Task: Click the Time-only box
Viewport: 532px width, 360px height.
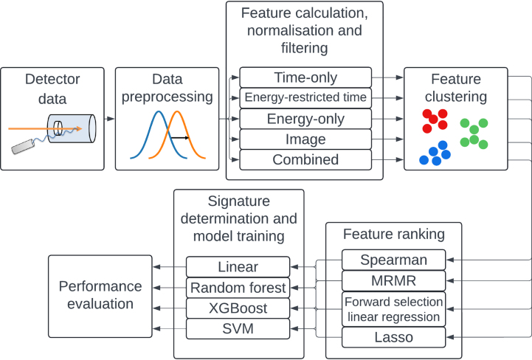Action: pyautogui.click(x=305, y=77)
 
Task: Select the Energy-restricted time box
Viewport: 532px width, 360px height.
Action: pyautogui.click(x=305, y=97)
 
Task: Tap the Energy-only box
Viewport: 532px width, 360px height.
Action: pyautogui.click(x=305, y=119)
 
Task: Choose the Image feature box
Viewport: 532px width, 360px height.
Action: pyautogui.click(x=305, y=139)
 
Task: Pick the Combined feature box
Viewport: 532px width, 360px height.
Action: pyautogui.click(x=305, y=159)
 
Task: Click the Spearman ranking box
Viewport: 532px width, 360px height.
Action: pyautogui.click(x=393, y=260)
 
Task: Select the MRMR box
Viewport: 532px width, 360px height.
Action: pyautogui.click(x=393, y=280)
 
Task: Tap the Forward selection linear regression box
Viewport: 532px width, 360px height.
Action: pyautogui.click(x=393, y=309)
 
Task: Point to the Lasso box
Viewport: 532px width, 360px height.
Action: pyautogui.click(x=393, y=337)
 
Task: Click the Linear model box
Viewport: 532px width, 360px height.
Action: pyautogui.click(x=238, y=267)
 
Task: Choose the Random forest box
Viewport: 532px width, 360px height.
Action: pyautogui.click(x=238, y=288)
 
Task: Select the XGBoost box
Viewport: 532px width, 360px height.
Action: pyautogui.click(x=238, y=308)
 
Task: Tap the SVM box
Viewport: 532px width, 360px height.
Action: pyautogui.click(x=238, y=328)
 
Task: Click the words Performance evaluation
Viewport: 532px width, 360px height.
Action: pyautogui.click(x=100, y=295)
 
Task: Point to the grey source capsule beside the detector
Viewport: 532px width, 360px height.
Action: pyautogui.click(x=23, y=146)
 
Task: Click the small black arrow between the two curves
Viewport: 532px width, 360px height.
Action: pyautogui.click(x=180, y=138)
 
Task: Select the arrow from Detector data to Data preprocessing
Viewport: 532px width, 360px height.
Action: pyautogui.click(x=109, y=119)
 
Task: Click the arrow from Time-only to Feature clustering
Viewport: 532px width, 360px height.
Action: pyautogui.click(x=387, y=77)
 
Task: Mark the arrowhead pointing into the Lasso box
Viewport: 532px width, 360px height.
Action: pyautogui.click(x=450, y=337)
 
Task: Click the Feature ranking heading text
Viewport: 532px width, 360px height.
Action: pyautogui.click(x=393, y=234)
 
